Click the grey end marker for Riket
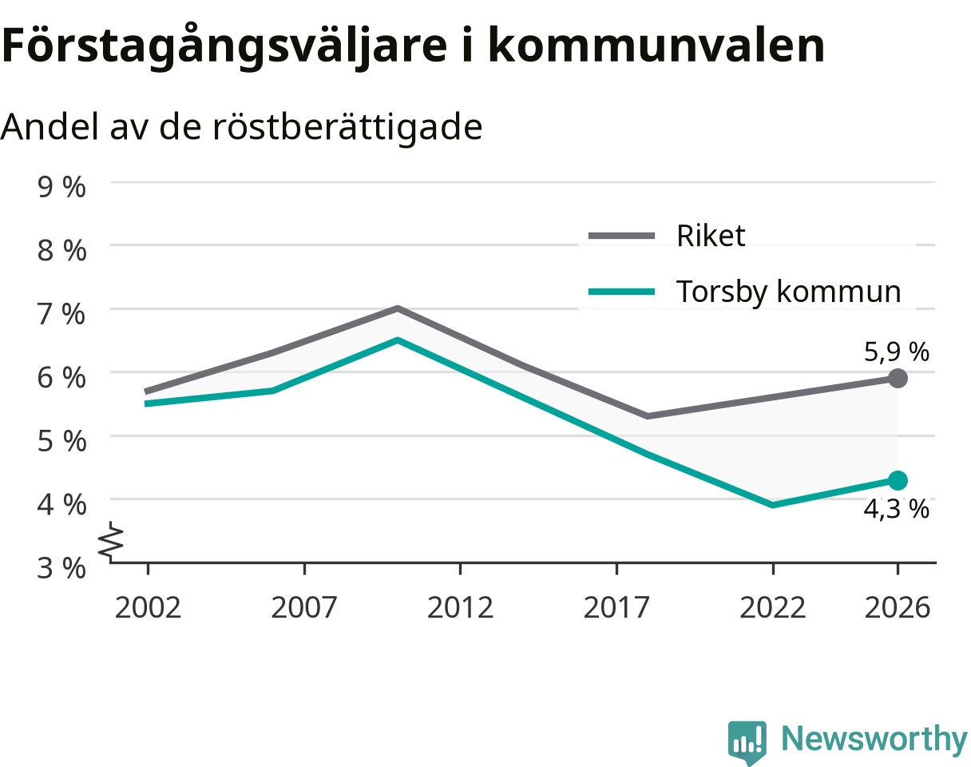[898, 378]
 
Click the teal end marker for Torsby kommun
[898, 480]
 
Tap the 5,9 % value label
[896, 352]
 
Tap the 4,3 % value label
[896, 509]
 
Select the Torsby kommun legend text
[788, 292]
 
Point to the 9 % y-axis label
[61, 187]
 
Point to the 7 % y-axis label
[61, 314]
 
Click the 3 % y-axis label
[61, 568]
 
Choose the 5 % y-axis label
[61, 441]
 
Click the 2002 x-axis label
[148, 608]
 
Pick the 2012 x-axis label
[460, 608]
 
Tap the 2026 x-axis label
[898, 608]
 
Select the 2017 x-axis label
[616, 608]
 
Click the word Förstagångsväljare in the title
[224, 46]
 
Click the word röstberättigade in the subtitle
[347, 127]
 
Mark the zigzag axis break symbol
[111, 542]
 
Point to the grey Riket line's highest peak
[398, 308]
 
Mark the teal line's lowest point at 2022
[773, 505]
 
